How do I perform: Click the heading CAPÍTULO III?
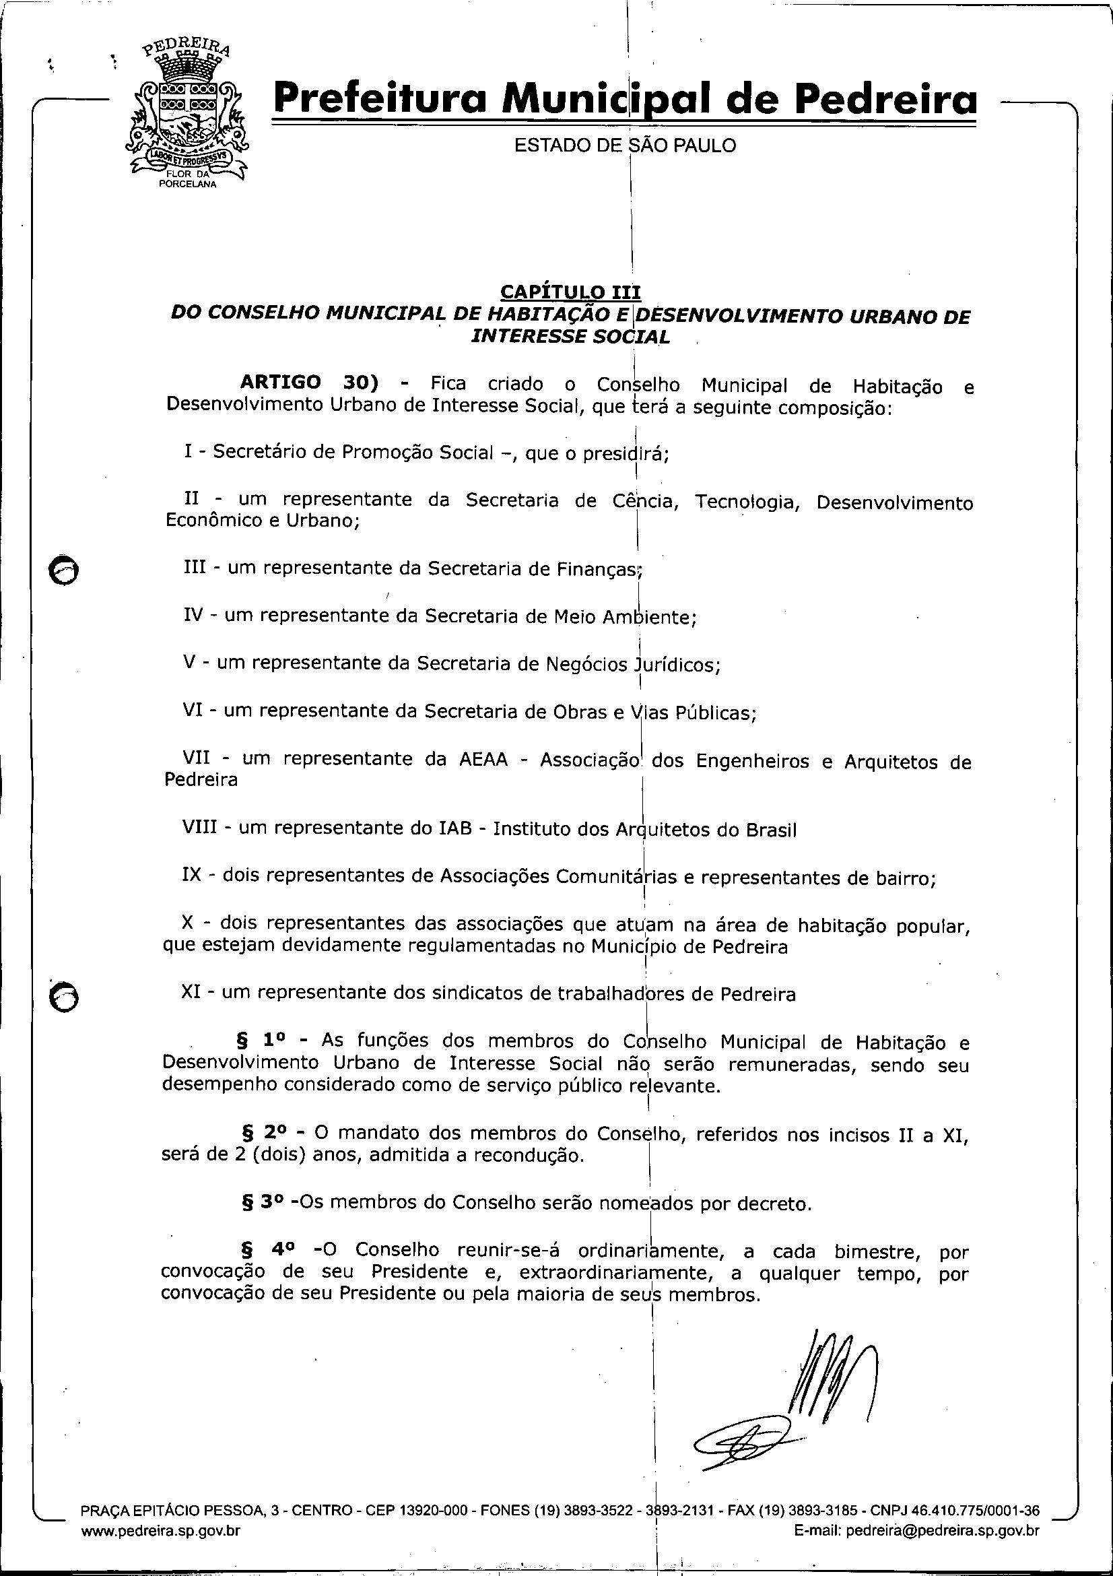pyautogui.click(x=570, y=292)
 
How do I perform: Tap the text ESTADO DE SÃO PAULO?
pyautogui.click(x=625, y=145)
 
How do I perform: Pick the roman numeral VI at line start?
pyautogui.click(x=192, y=710)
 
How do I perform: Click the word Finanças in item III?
pyautogui.click(x=597, y=569)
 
